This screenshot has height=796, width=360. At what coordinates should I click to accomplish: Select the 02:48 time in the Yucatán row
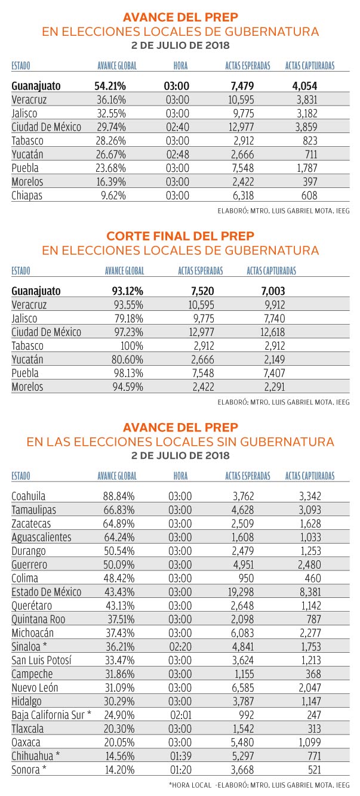[177, 154]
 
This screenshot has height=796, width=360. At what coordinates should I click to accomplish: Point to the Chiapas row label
[27, 195]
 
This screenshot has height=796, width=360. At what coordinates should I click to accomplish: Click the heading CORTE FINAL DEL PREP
[180, 236]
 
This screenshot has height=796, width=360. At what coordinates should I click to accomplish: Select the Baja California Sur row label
[51, 715]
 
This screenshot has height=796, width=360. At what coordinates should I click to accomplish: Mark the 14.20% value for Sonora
[121, 770]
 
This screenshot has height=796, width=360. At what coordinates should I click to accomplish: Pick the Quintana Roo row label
[38, 619]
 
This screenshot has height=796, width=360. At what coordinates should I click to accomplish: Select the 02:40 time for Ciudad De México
[177, 127]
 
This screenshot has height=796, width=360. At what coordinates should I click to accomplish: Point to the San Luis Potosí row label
[41, 660]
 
